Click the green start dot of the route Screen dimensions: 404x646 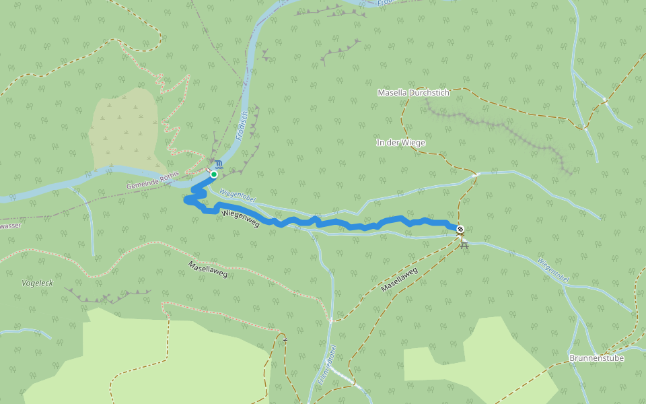pos(213,174)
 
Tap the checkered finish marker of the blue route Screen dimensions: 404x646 pos(460,229)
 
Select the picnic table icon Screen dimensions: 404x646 pos(464,242)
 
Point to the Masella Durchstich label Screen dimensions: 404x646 pos(413,92)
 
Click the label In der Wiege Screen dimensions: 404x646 pos(400,143)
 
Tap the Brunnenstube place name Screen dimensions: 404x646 pos(596,358)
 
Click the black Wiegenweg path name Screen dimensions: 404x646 pos(240,217)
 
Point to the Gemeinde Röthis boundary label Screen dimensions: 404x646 pos(153,180)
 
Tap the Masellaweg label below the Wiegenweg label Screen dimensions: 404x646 pos(208,269)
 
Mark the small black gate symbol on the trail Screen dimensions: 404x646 pos(285,339)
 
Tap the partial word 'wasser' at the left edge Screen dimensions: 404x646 pos(11,226)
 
